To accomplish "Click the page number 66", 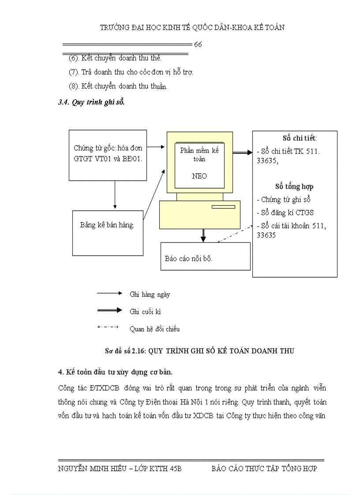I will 198,45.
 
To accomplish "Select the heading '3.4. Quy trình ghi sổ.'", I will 91,102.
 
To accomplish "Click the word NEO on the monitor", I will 199,176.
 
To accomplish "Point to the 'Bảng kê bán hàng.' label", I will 107,225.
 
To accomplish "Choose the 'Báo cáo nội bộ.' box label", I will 188,258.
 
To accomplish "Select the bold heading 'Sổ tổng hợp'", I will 294,186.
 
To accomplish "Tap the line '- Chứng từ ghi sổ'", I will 284,200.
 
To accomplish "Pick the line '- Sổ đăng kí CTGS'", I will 285,212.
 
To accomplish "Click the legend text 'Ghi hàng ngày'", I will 150,294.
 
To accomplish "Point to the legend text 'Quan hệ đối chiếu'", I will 154,329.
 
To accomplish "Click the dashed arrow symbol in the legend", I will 108,327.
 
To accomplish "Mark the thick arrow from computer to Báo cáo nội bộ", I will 203,235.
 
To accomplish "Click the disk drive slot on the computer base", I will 223,207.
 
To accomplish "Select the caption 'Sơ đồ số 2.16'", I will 125,351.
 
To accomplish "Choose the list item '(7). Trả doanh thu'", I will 131,72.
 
